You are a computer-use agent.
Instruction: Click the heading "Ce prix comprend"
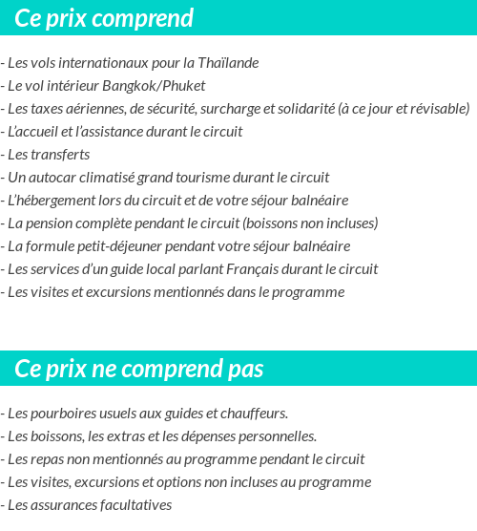pos(104,18)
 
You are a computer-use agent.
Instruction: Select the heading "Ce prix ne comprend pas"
pos(139,369)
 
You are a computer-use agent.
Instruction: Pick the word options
pos(195,482)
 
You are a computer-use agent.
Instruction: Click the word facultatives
pos(135,505)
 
